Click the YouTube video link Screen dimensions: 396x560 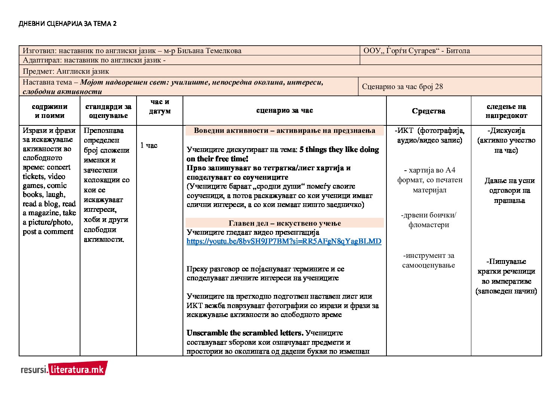click(x=284, y=241)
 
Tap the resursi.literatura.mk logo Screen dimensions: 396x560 click(x=64, y=369)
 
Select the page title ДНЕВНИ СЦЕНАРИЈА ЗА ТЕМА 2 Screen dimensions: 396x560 click(x=67, y=24)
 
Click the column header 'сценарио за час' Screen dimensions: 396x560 click(x=284, y=110)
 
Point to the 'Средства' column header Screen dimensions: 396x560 click(x=428, y=111)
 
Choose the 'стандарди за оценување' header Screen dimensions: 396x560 click(x=108, y=111)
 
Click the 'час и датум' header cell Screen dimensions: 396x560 click(x=160, y=107)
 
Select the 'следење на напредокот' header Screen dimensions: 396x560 click(x=506, y=111)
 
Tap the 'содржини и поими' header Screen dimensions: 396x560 click(x=49, y=111)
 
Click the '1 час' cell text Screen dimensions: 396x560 click(x=149, y=145)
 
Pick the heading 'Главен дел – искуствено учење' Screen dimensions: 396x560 click(x=285, y=223)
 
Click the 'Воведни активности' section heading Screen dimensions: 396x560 click(x=284, y=131)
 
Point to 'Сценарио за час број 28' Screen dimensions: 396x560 click(x=402, y=87)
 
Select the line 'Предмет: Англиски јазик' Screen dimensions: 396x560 click(x=66, y=71)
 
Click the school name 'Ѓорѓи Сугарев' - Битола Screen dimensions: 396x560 click(x=416, y=51)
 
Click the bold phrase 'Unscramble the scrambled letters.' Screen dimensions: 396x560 click(x=245, y=333)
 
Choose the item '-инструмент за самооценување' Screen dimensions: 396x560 click(x=428, y=261)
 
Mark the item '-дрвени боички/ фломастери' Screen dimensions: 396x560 click(x=428, y=220)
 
